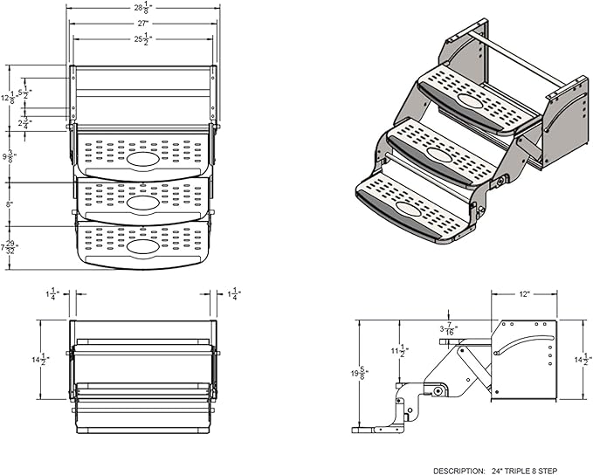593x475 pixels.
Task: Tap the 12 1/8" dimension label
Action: pyautogui.click(x=8, y=100)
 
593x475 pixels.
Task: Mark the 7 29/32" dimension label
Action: pyautogui.click(x=10, y=247)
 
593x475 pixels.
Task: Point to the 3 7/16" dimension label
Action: pyautogui.click(x=448, y=329)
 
